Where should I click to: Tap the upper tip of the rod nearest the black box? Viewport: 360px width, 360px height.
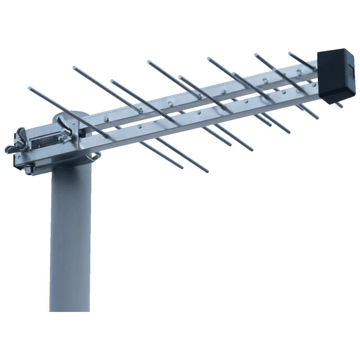(x=290, y=53)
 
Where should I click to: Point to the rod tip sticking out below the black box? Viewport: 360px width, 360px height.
(x=340, y=105)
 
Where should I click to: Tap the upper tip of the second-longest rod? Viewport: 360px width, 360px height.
(x=75, y=67)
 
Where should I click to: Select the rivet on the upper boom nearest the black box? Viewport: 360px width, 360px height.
(x=300, y=72)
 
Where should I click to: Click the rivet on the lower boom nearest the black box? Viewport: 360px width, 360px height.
(x=299, y=90)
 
